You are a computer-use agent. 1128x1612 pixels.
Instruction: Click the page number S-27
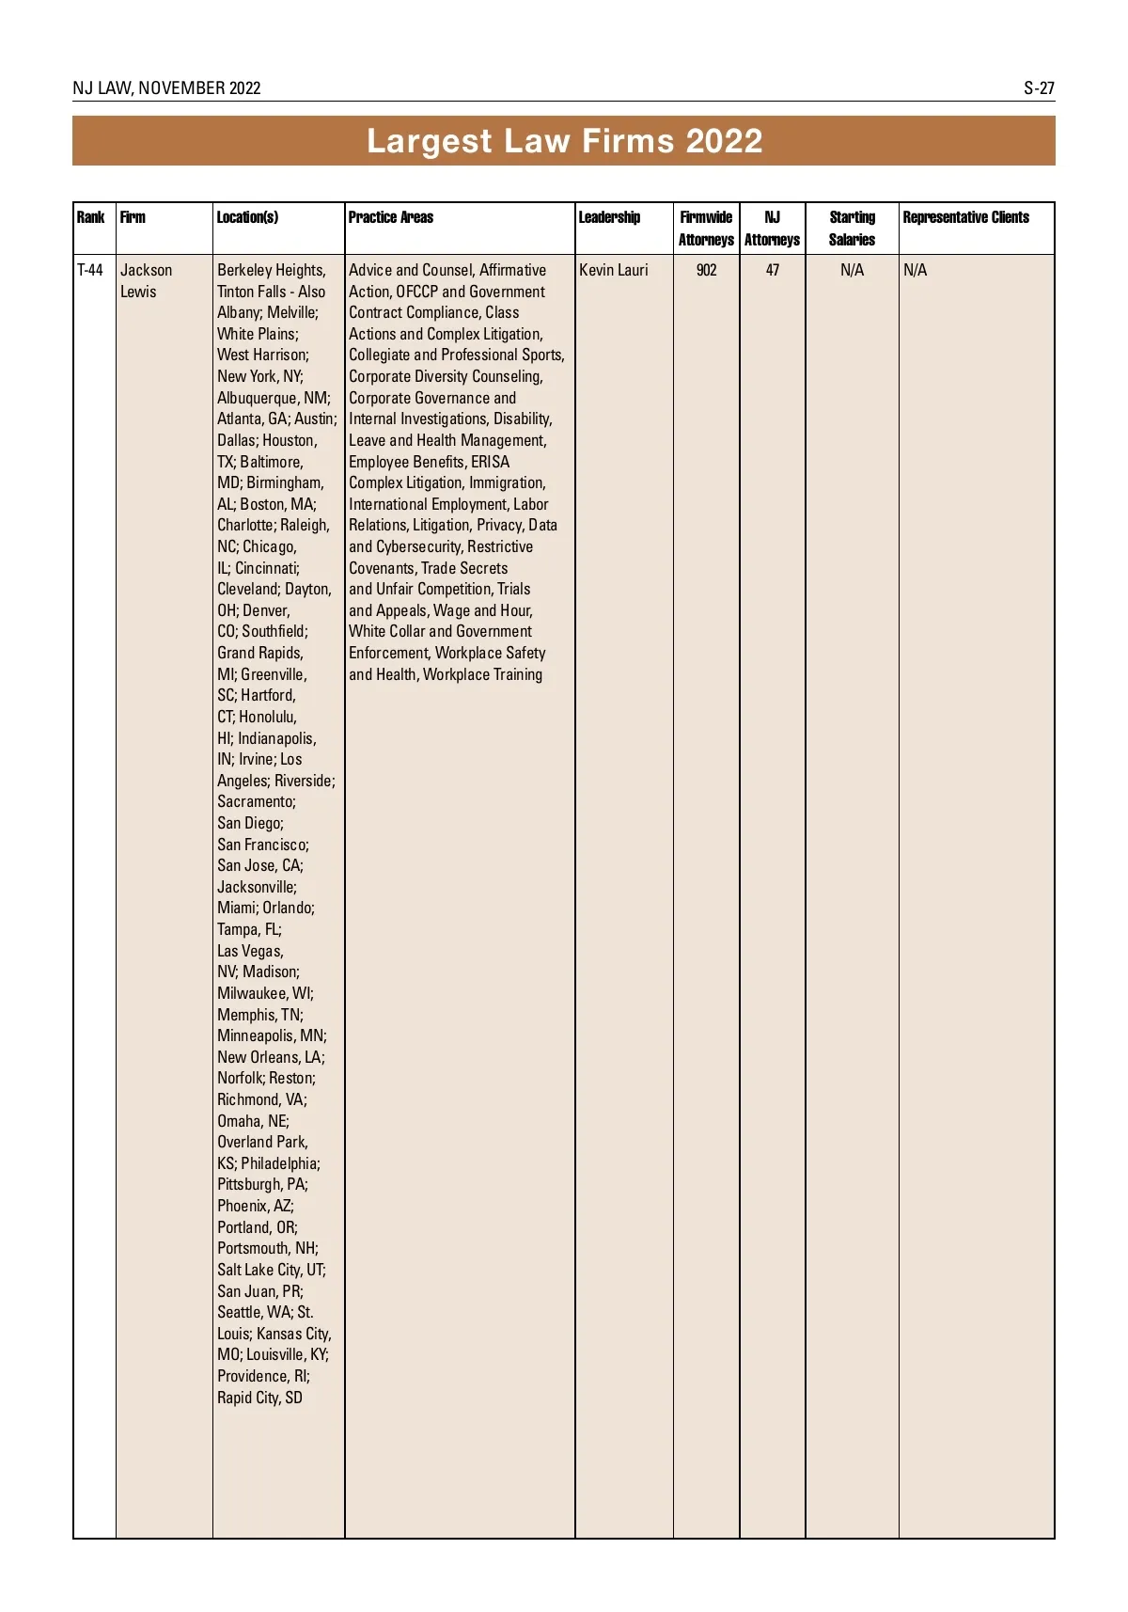click(x=1039, y=88)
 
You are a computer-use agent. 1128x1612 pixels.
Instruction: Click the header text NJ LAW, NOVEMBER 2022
click(x=166, y=88)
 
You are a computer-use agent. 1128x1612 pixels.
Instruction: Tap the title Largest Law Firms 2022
click(x=564, y=141)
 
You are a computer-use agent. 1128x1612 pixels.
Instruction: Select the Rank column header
click(x=90, y=217)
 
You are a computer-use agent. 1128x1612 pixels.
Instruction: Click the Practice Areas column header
click(x=391, y=217)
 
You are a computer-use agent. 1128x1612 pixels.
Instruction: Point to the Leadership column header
click(x=609, y=217)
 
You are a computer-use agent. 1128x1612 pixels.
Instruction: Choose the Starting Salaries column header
click(x=852, y=229)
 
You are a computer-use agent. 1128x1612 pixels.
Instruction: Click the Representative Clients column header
click(x=965, y=217)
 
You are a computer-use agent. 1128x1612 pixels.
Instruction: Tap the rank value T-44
click(x=90, y=271)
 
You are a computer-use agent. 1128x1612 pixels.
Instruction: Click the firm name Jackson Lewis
click(x=146, y=280)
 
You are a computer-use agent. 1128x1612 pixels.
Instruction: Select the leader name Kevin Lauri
click(x=613, y=271)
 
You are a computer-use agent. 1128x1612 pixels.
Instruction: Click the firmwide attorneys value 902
click(x=706, y=271)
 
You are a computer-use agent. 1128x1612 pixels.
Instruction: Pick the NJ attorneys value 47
click(x=772, y=271)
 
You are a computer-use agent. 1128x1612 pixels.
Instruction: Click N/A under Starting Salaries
click(x=852, y=271)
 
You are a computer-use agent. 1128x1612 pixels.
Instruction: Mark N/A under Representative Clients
click(x=915, y=271)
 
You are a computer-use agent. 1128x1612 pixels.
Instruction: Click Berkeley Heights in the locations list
click(x=271, y=271)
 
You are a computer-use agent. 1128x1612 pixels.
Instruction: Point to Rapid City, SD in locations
click(x=259, y=1398)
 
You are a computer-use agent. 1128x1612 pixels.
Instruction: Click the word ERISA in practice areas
click(x=490, y=462)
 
